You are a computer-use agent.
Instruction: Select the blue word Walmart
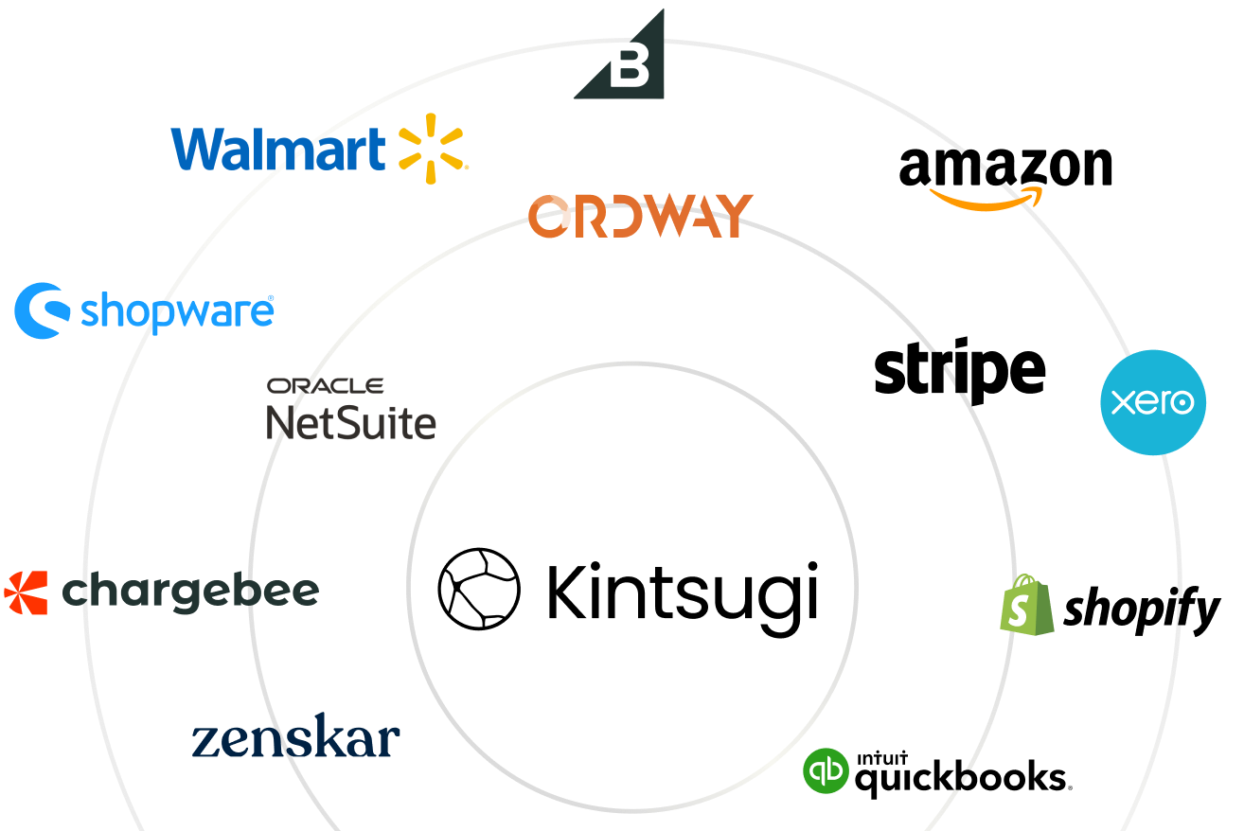point(278,150)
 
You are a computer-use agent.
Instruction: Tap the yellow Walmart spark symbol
point(433,149)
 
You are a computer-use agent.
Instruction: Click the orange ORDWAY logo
point(641,216)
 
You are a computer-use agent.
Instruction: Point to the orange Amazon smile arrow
point(986,200)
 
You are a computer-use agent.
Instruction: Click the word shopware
point(177,311)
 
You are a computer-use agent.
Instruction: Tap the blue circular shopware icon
point(42,309)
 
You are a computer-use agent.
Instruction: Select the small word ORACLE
point(325,386)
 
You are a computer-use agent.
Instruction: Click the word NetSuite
point(351,421)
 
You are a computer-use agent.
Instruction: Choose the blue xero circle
point(1152,402)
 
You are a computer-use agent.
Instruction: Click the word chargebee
point(190,592)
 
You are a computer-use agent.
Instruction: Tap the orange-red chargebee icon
point(26,593)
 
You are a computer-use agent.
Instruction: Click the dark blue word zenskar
point(296,739)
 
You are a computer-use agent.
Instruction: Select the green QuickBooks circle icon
point(826,770)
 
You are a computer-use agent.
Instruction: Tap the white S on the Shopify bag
point(1019,611)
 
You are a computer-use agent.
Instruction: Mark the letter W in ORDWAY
point(674,216)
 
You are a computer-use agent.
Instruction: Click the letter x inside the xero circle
point(1122,403)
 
